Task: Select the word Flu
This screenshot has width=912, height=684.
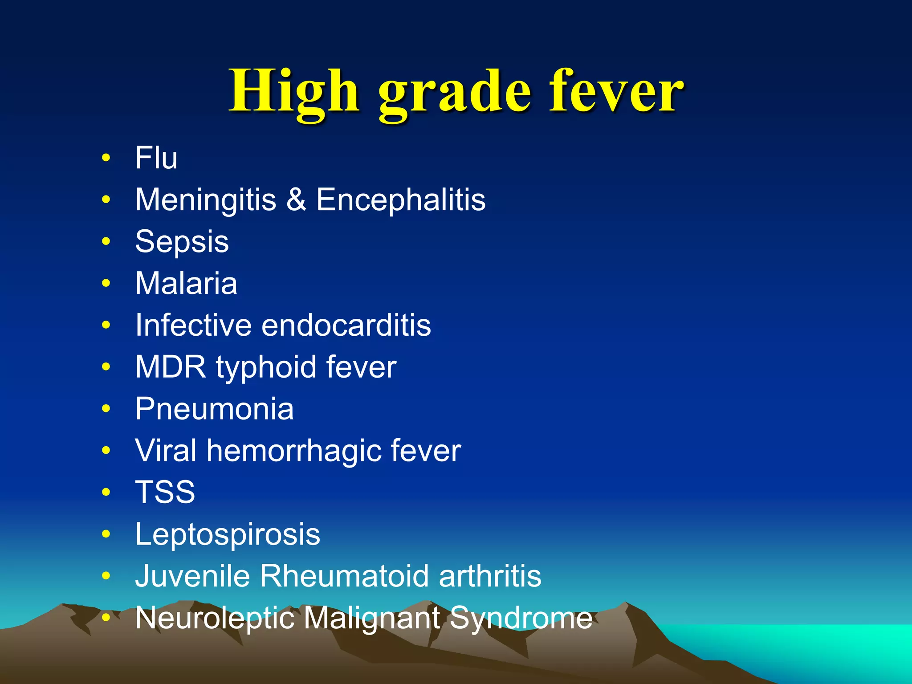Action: (x=156, y=158)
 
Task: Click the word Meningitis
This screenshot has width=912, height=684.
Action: (x=205, y=199)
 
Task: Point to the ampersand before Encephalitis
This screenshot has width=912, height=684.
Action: (x=296, y=199)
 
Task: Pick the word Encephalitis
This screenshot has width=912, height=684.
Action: (x=401, y=199)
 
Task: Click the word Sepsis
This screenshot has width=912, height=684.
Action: (x=182, y=242)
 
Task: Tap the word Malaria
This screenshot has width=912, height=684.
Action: (x=186, y=283)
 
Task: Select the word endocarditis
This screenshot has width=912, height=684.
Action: (x=346, y=325)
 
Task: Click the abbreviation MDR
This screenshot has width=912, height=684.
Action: (x=171, y=367)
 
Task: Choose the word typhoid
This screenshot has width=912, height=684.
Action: (x=266, y=368)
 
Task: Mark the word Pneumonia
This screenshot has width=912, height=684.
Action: (x=214, y=409)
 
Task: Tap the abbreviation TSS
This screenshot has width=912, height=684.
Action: (x=165, y=492)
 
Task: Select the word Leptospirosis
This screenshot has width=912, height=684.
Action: (x=228, y=534)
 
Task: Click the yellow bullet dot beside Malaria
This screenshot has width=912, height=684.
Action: (x=106, y=283)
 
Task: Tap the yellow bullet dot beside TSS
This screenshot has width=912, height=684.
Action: (x=106, y=492)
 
